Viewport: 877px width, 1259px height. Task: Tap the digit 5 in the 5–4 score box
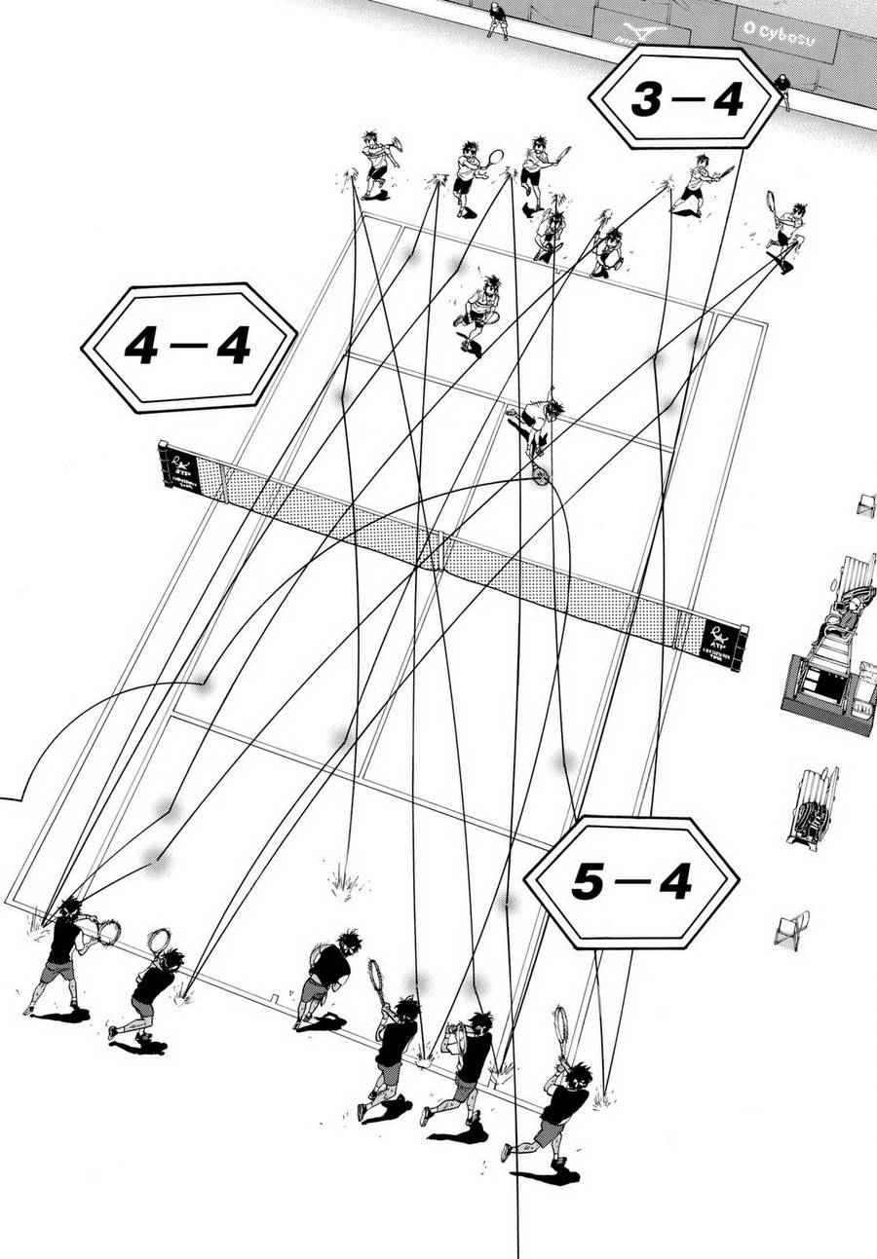[586, 882]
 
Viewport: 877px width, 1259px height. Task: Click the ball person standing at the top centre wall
[496, 18]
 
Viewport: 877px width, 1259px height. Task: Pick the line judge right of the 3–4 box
[782, 92]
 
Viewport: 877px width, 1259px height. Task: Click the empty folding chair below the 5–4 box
[794, 927]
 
